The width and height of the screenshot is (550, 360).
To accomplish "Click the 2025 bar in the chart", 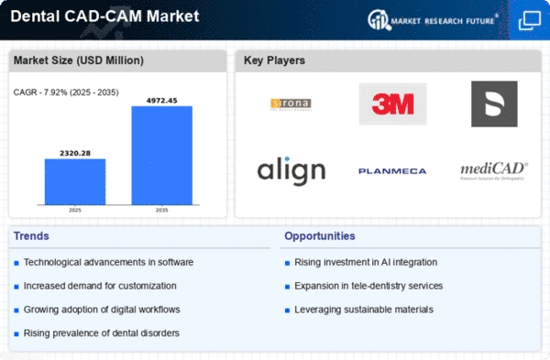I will (75, 181).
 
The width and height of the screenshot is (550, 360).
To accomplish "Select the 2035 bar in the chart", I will (161, 155).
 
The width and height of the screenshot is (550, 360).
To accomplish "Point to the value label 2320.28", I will (75, 152).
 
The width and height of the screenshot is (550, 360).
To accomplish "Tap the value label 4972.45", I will (161, 100).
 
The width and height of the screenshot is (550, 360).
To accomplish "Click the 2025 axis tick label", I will (75, 210).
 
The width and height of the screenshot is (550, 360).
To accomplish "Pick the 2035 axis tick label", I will (161, 210).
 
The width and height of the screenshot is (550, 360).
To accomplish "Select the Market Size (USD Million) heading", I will (78, 61).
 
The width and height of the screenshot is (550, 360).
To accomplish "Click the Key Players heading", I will (275, 61).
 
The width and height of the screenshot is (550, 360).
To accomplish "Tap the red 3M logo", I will (392, 104).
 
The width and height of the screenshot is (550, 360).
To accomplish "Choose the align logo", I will (291, 169).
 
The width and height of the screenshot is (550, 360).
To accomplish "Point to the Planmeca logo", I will (391, 171).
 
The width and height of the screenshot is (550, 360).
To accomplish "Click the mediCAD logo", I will (493, 170).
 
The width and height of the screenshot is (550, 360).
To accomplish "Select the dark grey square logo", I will (493, 104).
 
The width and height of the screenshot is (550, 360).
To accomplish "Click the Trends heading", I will (32, 236).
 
